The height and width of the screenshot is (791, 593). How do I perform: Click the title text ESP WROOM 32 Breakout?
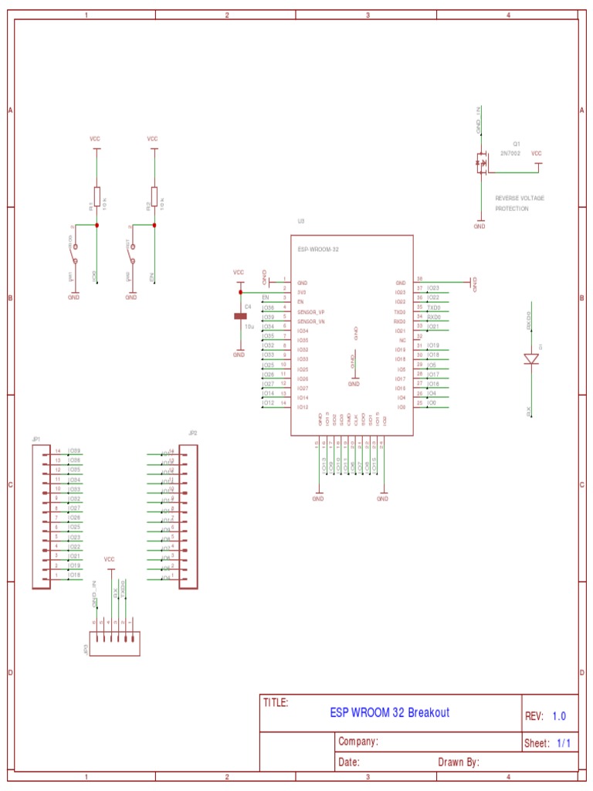coord(389,712)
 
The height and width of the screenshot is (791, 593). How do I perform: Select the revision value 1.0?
coord(559,716)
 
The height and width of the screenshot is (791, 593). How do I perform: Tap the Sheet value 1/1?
coord(564,743)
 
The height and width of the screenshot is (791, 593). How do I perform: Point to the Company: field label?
coord(358,742)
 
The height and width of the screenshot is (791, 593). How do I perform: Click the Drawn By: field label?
coord(459,762)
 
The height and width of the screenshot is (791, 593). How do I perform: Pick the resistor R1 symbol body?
coord(97,196)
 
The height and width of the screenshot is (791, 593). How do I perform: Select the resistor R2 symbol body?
coord(154,196)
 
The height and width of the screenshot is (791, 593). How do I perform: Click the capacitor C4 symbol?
coord(239,316)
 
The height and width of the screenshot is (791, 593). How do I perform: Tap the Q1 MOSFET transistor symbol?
coord(481,163)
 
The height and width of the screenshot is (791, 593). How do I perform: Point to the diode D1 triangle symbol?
coord(531,358)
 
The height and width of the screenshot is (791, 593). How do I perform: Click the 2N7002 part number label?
coord(510,153)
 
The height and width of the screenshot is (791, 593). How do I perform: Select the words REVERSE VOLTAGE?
coord(520,199)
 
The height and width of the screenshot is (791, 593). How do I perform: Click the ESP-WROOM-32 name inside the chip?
coord(318,250)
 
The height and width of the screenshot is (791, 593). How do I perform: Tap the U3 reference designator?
coord(301,221)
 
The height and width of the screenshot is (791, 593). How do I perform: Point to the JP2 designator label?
coord(193,433)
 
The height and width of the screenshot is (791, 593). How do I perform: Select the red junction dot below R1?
coord(97,225)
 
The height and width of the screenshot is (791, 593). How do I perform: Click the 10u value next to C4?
coord(249,327)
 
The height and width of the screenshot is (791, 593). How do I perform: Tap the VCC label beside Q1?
coord(537,153)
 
